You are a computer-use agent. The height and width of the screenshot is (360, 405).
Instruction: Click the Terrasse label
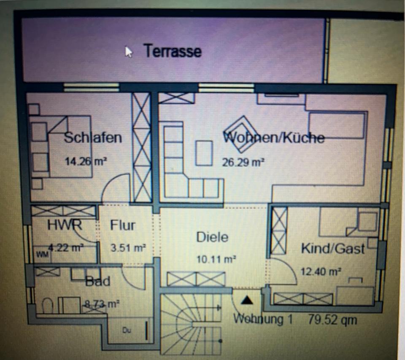click(173, 51)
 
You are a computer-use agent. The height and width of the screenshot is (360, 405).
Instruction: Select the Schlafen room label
click(93, 137)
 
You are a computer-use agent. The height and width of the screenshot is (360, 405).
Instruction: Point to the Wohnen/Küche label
click(274, 137)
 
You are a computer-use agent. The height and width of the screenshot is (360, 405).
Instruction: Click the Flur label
click(123, 225)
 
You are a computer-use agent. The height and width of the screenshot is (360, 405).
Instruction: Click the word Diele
click(212, 237)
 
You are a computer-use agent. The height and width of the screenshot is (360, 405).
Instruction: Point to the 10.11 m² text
click(216, 259)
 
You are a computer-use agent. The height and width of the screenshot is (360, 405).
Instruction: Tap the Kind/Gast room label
click(332, 248)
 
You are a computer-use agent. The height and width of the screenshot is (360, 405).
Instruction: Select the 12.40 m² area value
click(321, 271)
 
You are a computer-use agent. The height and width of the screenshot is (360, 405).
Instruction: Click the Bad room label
click(98, 281)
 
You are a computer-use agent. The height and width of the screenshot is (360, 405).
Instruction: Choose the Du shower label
click(127, 331)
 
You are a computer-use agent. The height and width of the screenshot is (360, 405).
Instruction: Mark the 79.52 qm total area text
click(332, 320)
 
